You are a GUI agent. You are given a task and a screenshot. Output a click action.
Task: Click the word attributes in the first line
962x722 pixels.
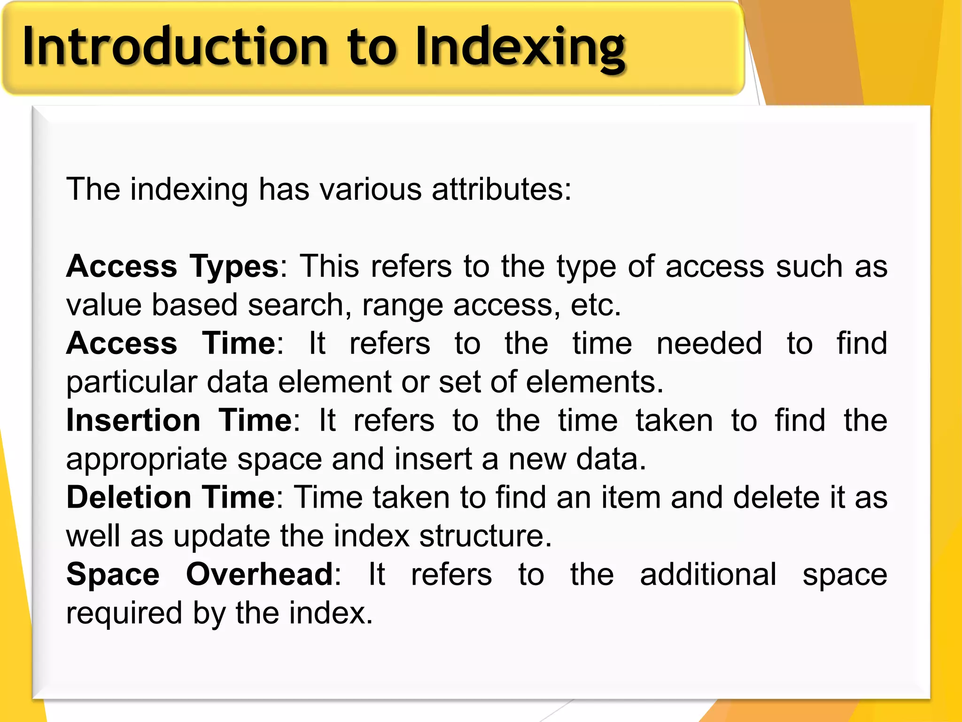[501, 189]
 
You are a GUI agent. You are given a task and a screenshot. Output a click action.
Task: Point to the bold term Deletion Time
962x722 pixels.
[171, 497]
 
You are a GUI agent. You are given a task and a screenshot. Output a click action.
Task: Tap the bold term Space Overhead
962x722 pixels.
[200, 574]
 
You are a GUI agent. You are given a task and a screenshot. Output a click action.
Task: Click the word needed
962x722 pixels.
[709, 343]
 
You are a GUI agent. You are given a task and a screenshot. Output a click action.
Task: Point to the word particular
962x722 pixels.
[131, 382]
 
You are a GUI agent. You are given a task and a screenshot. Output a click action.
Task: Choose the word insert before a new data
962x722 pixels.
[433, 459]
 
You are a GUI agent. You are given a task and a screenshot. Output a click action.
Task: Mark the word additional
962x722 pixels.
[708, 574]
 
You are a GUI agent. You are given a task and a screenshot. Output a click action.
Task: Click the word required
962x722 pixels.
[124, 613]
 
